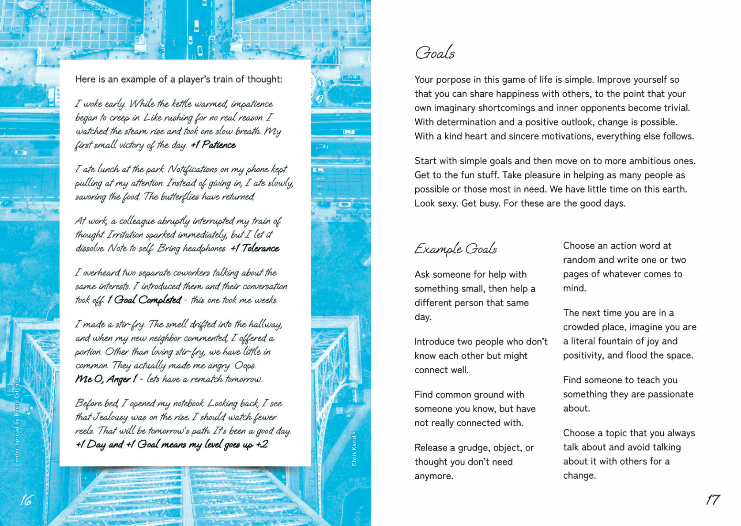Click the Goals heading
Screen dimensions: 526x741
435,53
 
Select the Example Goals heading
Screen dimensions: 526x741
455,249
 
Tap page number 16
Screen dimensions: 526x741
26,500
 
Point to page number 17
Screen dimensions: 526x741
712,500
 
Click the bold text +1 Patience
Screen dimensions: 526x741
213,145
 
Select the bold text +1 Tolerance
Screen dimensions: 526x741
255,248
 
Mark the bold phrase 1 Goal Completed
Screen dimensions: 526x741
144,300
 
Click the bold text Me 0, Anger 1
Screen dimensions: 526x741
106,379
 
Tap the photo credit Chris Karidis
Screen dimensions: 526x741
354,448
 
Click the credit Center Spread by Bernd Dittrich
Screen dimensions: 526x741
17,422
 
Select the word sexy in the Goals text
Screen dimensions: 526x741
445,204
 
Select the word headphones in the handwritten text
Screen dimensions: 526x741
204,248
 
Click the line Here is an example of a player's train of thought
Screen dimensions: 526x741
179,79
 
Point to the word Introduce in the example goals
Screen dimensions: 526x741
434,342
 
